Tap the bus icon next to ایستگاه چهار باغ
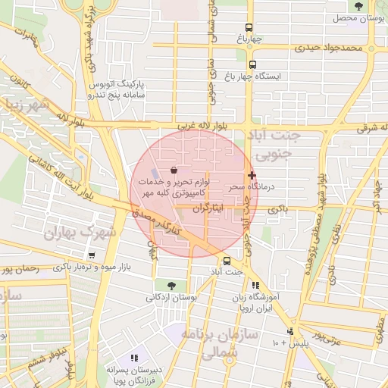pos(252,64)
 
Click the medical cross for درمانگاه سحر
pos(252,175)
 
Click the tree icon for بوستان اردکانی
pos(170,286)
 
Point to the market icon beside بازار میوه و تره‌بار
pos(92,255)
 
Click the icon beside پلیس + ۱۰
pos(289,331)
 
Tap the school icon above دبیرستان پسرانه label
pos(135,357)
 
